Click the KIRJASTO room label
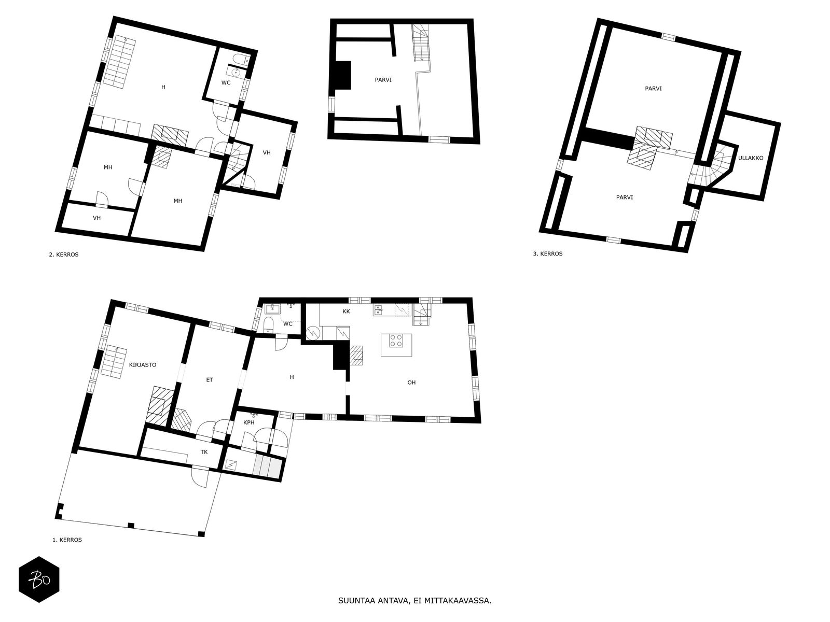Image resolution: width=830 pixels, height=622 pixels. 143,365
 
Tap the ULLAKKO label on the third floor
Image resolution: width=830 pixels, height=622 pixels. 751,158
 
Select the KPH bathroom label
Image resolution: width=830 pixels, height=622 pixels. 249,422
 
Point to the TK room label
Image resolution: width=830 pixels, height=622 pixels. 204,451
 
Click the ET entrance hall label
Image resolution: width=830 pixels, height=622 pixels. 210,380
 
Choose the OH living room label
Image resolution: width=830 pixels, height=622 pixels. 411,383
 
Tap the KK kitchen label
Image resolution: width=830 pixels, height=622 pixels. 346,312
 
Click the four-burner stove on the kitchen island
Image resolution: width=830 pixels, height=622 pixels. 396,341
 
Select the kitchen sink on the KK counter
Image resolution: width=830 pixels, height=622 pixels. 379,310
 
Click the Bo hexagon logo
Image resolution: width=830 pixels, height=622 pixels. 39,579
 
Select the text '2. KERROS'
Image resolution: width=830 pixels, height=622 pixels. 63,255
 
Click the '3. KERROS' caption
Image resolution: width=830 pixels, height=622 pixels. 547,254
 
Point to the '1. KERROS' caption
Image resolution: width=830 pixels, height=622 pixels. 67,540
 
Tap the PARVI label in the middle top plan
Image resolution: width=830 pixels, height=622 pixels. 383,80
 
